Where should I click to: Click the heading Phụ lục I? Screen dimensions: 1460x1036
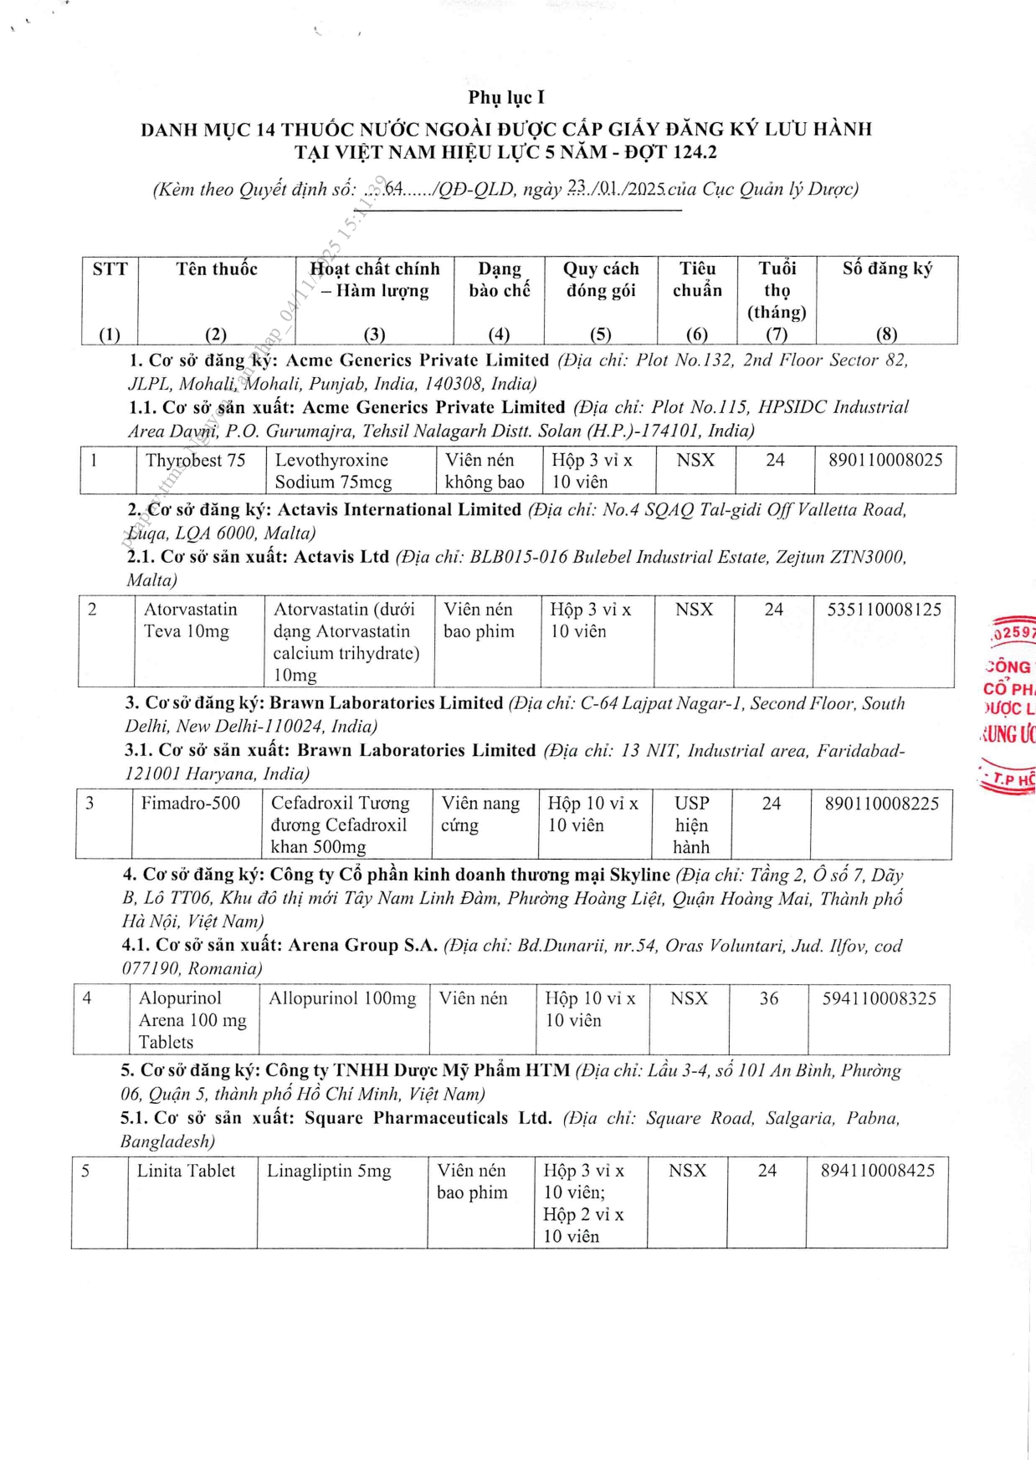pyautogui.click(x=505, y=98)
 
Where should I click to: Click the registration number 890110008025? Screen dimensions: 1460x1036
pyautogui.click(x=885, y=461)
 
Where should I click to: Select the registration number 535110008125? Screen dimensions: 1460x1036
pyautogui.click(x=884, y=610)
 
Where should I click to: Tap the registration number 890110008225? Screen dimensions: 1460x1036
pyautogui.click(x=881, y=804)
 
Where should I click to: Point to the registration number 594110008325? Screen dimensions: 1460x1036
pyautogui.click(x=879, y=998)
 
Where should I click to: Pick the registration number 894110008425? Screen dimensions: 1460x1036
pyautogui.click(x=877, y=1171)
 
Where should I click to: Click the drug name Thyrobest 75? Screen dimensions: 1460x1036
pyautogui.click(x=195, y=461)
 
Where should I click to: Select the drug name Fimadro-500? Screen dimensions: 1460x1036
pyautogui.click(x=190, y=804)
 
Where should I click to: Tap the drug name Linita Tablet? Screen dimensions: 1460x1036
pyautogui.click(x=186, y=1171)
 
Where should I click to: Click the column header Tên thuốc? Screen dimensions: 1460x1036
pyautogui.click(x=217, y=269)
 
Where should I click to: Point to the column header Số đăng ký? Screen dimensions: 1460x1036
pyautogui.click(x=887, y=269)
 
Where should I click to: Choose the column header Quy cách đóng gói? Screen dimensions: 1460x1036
pyautogui.click(x=600, y=280)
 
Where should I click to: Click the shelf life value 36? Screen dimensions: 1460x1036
pyautogui.click(x=768, y=998)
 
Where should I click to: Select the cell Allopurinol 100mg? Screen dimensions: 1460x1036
pyautogui.click(x=342, y=998)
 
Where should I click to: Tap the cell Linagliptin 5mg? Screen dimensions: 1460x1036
pyautogui.click(x=329, y=1171)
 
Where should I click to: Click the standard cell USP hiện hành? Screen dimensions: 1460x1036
pyautogui.click(x=691, y=825)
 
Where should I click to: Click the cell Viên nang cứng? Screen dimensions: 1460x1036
pyautogui.click(x=480, y=814)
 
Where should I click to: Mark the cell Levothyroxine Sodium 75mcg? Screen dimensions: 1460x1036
pyautogui.click(x=333, y=471)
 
